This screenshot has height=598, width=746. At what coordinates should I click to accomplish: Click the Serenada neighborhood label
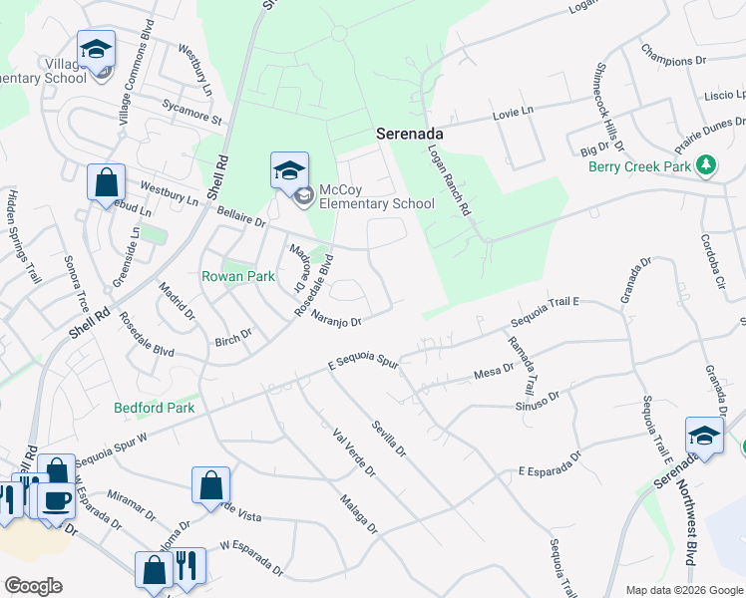tap(409, 133)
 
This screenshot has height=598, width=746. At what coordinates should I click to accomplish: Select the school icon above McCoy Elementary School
tap(289, 170)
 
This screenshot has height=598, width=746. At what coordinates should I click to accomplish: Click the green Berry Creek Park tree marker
tap(706, 164)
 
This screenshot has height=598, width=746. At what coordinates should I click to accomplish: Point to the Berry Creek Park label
tap(639, 166)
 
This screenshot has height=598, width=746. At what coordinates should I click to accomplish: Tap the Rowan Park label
tap(237, 276)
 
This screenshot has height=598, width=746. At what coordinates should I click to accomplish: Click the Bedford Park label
tap(155, 408)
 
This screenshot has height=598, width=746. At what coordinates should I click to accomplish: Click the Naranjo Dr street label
tap(335, 319)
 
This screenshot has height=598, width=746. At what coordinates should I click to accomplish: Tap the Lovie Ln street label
tap(514, 114)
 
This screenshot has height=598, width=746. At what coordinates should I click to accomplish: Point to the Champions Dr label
tap(673, 54)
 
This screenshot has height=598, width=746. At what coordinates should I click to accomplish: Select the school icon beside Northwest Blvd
tap(704, 437)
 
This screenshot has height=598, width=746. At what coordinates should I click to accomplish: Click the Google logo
tap(33, 585)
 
